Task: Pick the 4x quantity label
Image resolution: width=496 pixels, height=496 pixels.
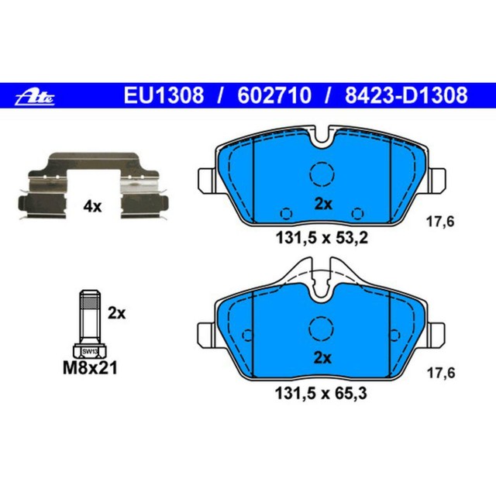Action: click(x=92, y=206)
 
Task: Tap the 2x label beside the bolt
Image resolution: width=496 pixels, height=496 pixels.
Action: click(x=116, y=313)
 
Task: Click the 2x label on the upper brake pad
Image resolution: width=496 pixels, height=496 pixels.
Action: click(x=322, y=205)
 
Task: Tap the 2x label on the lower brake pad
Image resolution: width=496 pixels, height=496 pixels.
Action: click(x=322, y=358)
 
